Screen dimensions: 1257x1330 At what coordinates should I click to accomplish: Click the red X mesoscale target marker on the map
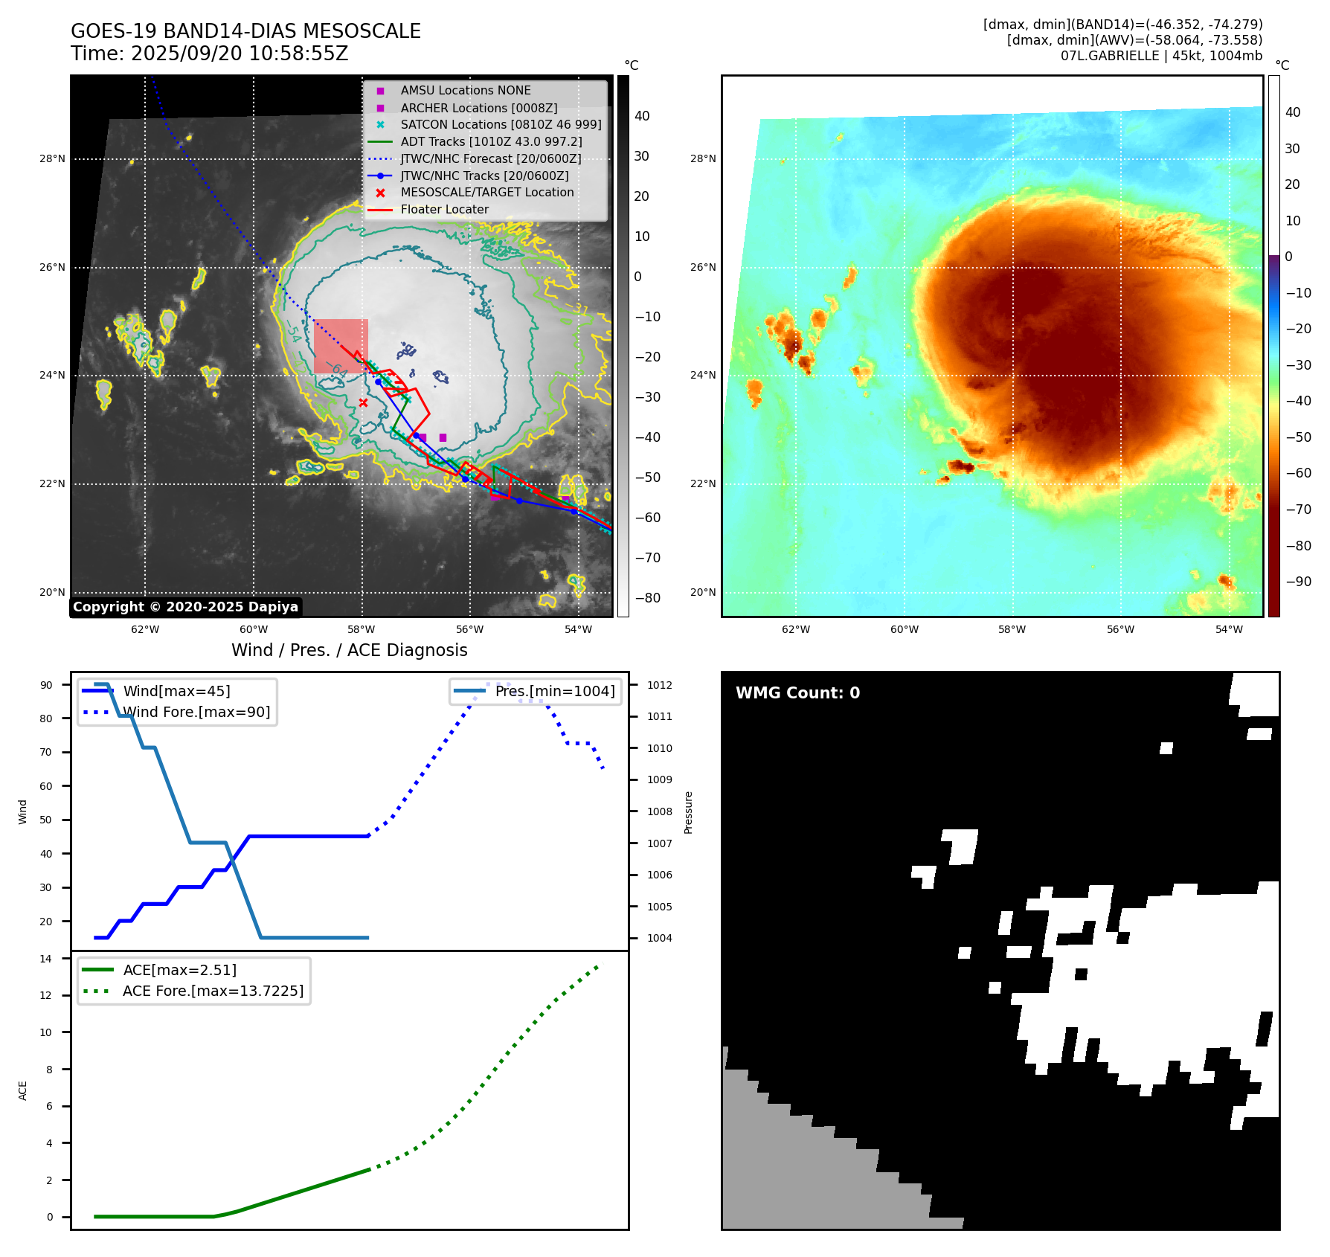(x=363, y=402)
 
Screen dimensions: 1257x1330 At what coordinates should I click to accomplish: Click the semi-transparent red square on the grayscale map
(x=341, y=347)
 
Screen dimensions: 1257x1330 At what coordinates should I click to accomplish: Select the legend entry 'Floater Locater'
(x=444, y=210)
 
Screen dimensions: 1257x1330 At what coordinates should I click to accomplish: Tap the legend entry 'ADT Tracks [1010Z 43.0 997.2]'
(x=491, y=141)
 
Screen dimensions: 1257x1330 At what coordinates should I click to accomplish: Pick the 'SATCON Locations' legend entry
(x=501, y=124)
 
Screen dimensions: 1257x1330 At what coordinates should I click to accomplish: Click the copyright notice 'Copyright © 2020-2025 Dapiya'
(x=185, y=607)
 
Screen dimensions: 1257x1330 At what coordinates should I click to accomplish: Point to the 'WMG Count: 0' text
(x=797, y=693)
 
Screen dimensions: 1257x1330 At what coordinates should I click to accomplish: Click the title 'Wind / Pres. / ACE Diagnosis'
(x=350, y=650)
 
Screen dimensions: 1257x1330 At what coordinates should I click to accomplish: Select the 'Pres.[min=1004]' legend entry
(x=555, y=691)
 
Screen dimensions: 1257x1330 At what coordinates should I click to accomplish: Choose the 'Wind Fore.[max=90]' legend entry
(x=196, y=712)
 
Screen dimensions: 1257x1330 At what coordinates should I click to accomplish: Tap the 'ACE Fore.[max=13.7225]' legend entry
(x=213, y=991)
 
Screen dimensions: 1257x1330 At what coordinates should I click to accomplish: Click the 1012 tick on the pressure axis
(x=659, y=685)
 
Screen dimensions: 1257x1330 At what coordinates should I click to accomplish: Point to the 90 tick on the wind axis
(x=47, y=685)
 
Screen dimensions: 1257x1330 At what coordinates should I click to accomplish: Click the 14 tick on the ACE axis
(x=47, y=959)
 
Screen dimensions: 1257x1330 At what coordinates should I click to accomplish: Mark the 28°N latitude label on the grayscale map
(x=52, y=158)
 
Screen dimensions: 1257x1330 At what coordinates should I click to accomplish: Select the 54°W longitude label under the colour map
(x=1229, y=629)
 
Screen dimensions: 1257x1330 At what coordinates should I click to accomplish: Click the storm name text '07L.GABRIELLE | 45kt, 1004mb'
(x=1161, y=56)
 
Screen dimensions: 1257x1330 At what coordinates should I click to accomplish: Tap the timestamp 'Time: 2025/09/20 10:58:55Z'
(x=210, y=54)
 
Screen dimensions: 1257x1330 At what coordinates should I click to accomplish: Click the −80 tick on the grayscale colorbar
(x=647, y=598)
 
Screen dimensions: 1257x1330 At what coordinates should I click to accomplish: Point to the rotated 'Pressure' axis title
(x=688, y=812)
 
